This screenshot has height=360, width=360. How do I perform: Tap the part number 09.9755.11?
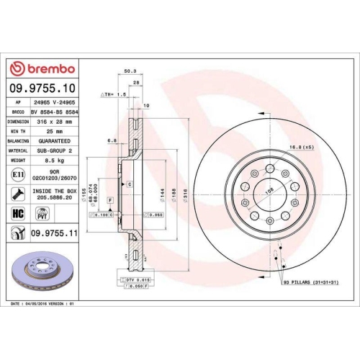55,233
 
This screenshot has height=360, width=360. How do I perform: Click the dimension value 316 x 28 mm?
56,122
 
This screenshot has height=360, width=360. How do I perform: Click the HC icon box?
17,213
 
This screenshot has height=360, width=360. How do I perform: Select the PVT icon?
41,213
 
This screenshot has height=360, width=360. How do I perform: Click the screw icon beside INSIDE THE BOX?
17,193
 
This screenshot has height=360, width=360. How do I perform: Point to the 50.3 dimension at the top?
130,71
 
